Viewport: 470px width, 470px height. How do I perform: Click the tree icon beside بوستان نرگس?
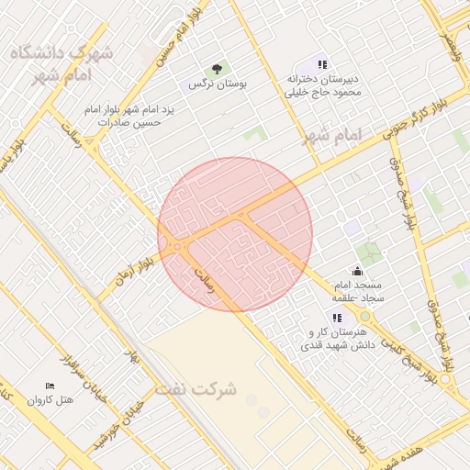[x=218, y=69]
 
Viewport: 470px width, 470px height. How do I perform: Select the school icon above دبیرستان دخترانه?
[x=322, y=64]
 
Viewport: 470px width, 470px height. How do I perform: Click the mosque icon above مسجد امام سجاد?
[x=357, y=272]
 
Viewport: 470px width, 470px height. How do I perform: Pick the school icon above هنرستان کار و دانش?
[x=338, y=318]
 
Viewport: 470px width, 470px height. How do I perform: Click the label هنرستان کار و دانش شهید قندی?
[x=333, y=339]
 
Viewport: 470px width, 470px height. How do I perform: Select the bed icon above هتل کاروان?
[x=50, y=386]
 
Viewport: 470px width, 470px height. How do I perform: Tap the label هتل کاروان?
[x=50, y=400]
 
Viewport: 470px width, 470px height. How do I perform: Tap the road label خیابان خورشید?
[x=124, y=418]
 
